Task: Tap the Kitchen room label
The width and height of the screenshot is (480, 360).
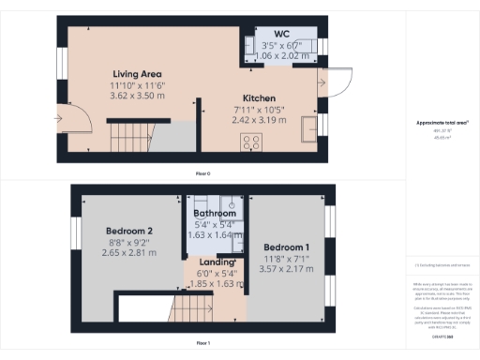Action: pyautogui.click(x=259, y=98)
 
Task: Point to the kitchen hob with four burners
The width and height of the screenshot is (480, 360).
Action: pyautogui.click(x=252, y=142)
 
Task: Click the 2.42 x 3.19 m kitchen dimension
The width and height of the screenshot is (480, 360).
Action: pyautogui.click(x=259, y=121)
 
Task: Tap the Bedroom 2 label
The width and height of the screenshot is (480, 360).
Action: pyautogui.click(x=128, y=232)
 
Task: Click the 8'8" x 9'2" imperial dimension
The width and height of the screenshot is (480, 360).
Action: pyautogui.click(x=128, y=243)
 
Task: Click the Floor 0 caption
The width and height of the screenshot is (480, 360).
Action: pyautogui.click(x=202, y=173)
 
